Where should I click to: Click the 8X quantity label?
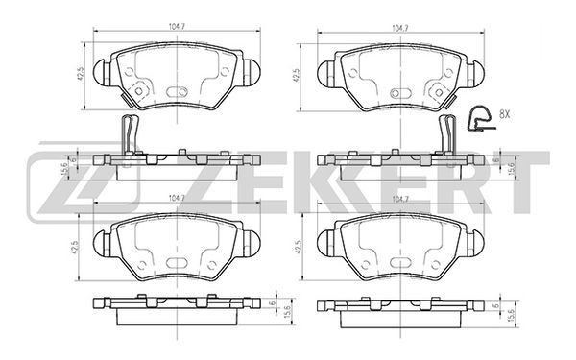tap(505, 114)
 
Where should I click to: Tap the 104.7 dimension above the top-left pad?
tap(177, 27)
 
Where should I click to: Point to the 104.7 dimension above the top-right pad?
tap(400, 28)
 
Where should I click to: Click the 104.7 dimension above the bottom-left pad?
tap(177, 198)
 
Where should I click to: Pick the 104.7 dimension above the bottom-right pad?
tap(400, 200)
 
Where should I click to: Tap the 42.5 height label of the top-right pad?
tap(296, 76)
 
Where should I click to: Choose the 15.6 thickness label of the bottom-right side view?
tap(513, 314)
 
